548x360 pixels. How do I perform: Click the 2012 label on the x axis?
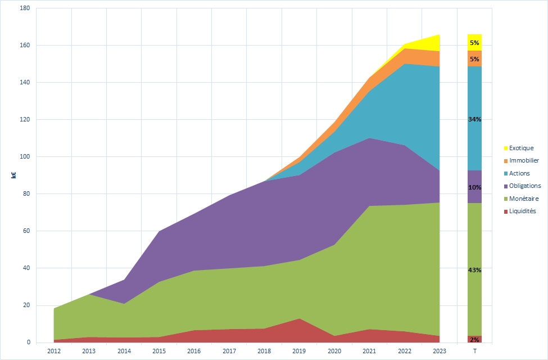coord(54,351)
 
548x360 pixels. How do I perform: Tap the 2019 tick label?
coord(300,351)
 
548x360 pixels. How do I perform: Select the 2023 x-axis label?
coord(440,351)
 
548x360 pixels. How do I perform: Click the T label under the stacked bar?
coord(474,351)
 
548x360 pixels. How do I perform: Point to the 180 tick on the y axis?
coord(24,8)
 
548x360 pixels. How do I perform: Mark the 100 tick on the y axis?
coord(24,157)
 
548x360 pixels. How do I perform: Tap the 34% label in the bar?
coord(474,119)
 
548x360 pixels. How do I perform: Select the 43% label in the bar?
coord(474,270)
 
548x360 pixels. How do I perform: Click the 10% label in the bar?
coord(474,187)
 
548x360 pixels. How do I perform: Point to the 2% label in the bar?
coord(474,339)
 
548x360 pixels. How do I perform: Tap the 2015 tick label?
coord(159,351)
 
